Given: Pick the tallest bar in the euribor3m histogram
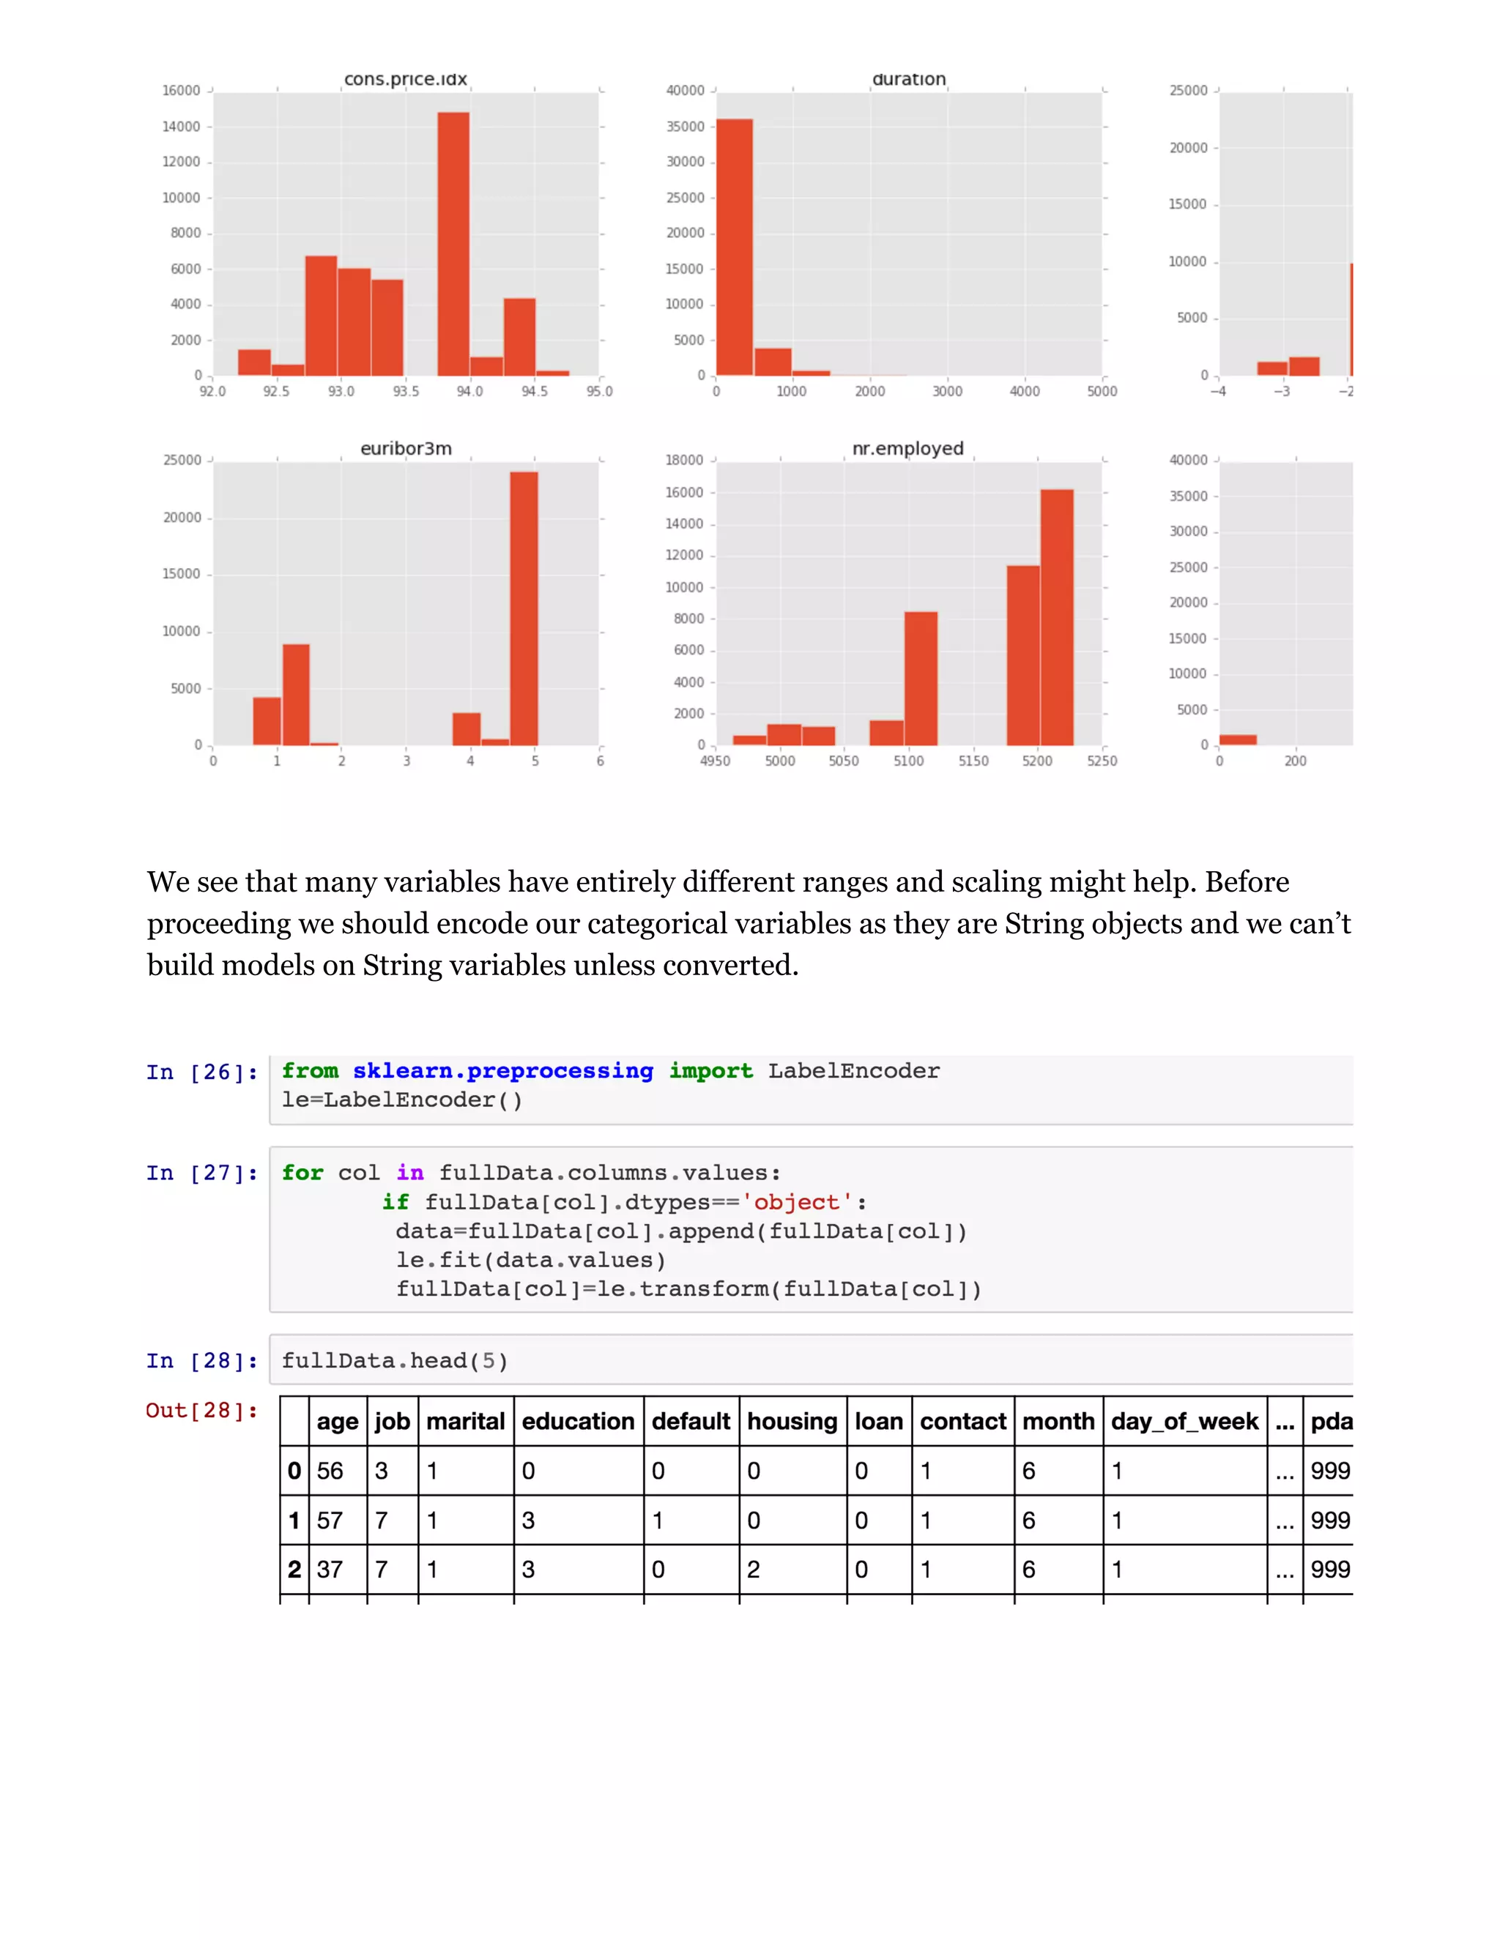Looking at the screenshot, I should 524,608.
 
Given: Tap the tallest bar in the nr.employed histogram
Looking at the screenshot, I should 1057,617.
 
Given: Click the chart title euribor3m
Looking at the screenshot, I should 406,449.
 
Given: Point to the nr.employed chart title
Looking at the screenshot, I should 907,449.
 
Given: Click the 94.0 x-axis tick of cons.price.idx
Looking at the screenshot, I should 470,392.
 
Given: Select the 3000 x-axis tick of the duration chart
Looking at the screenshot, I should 947,392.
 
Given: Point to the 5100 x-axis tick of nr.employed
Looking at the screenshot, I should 908,761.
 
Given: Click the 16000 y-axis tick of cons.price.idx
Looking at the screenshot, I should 182,91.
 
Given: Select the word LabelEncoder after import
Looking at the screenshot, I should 853,1071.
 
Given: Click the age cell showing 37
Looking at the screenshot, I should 330,1570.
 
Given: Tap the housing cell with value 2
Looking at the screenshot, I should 754,1570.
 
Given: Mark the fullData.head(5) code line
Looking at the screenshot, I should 395,1361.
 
